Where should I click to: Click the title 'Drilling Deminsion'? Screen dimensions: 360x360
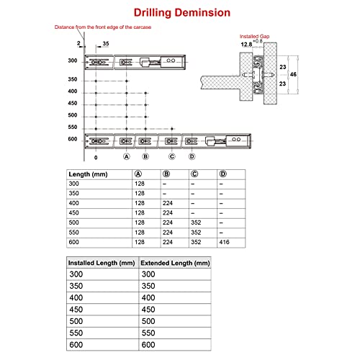pyautogui.click(x=182, y=13)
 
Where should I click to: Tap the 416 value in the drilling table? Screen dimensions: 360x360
pyautogui.click(x=224, y=242)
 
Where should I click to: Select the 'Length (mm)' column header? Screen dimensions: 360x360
pyautogui.click(x=88, y=174)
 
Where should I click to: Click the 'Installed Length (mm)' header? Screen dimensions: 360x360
pyautogui.click(x=102, y=263)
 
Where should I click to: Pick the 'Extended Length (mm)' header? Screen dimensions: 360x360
pyautogui.click(x=175, y=263)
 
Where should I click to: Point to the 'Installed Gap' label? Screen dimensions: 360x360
pyautogui.click(x=254, y=37)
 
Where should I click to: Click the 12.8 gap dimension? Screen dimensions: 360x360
pyautogui.click(x=246, y=45)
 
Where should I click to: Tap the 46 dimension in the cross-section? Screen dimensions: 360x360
pyautogui.click(x=293, y=74)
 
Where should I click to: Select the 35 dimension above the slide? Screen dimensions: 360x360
pyautogui.click(x=106, y=44)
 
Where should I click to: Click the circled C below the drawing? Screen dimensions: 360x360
pyautogui.click(x=172, y=156)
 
